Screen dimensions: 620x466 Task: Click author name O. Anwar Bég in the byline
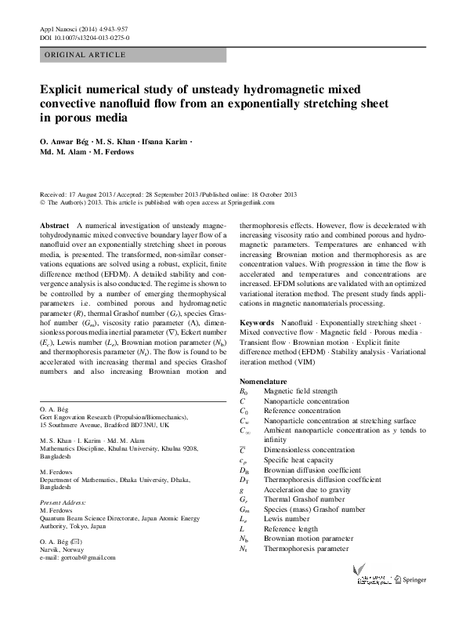click(x=63, y=141)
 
